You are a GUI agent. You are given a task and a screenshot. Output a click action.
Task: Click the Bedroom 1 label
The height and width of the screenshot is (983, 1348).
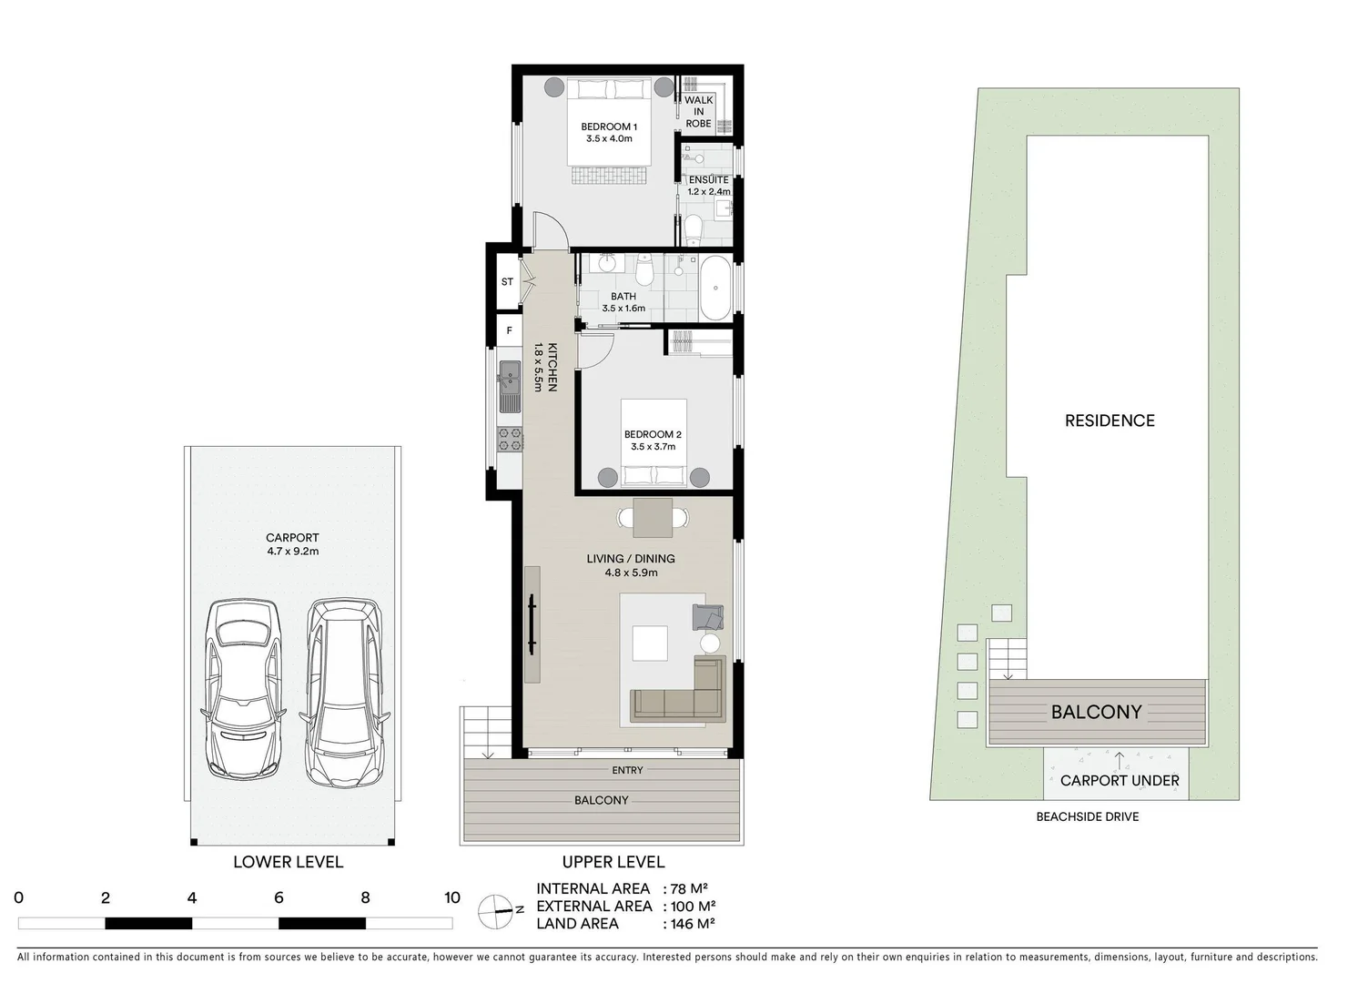coord(609,127)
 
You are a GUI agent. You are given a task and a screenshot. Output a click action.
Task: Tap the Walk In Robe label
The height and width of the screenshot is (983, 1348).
coord(698,112)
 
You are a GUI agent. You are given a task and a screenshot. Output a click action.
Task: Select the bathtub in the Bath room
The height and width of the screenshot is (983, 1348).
coord(715,288)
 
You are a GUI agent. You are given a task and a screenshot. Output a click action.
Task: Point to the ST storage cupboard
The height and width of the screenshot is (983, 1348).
coord(507,282)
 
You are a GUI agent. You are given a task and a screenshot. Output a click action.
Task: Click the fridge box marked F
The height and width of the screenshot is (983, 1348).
coord(509,330)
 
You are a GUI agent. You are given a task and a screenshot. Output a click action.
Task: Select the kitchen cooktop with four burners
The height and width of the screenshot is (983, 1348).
coord(510,439)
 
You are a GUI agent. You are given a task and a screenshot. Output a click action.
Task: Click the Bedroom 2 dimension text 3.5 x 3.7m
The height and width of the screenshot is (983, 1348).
coord(653,447)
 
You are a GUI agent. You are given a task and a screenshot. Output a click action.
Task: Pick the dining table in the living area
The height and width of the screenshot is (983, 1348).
coord(653,517)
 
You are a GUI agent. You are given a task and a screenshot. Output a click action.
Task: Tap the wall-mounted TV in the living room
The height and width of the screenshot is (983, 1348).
coord(532,624)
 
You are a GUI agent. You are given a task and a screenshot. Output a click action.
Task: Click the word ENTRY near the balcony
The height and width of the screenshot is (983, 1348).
coord(627,770)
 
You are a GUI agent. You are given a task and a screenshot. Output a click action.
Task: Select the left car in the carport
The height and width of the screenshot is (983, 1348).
coord(243,689)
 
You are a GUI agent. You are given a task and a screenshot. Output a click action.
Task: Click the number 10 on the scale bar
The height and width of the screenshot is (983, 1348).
coord(452,897)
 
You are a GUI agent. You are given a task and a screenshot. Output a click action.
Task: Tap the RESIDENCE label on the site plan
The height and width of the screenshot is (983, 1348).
coord(1110,421)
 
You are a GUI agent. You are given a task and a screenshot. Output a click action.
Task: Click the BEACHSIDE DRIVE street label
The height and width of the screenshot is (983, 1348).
coord(1087,816)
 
